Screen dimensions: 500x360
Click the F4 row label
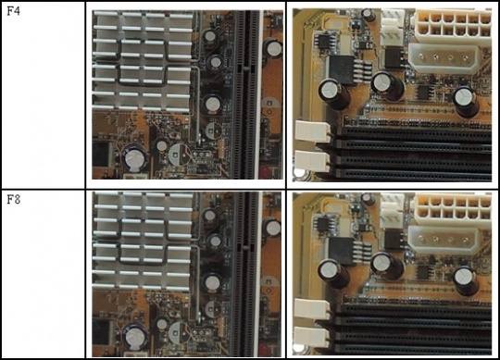pyautogui.click(x=13, y=11)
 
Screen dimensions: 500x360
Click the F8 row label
pyautogui.click(x=14, y=200)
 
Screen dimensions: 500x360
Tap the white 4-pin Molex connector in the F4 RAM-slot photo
pyautogui.click(x=444, y=58)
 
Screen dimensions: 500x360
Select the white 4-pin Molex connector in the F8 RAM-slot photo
pyautogui.click(x=444, y=240)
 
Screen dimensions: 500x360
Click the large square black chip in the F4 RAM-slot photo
pyautogui.click(x=342, y=69)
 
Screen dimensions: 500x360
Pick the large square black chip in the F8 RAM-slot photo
pyautogui.click(x=341, y=251)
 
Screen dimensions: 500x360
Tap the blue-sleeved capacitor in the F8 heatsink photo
pyautogui.click(x=135, y=337)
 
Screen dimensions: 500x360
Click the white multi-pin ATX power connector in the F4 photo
pyautogui.click(x=453, y=28)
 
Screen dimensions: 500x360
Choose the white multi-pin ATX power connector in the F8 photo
pyautogui.click(x=453, y=210)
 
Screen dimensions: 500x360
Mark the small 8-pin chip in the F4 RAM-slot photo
pyautogui.click(x=325, y=41)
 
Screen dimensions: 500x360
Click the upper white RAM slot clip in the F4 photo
pyautogui.click(x=313, y=130)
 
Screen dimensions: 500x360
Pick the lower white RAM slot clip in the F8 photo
pyautogui.click(x=312, y=338)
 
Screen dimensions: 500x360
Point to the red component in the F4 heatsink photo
pyautogui.click(x=266, y=171)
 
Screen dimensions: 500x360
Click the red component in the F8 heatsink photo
pyautogui.click(x=265, y=350)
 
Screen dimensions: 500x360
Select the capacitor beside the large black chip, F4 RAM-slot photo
pyautogui.click(x=333, y=93)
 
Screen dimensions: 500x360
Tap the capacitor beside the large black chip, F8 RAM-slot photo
pyautogui.click(x=333, y=274)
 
